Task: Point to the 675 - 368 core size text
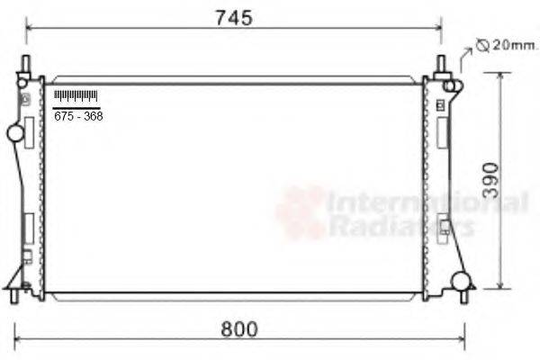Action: click(78, 116)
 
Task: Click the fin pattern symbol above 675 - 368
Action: click(76, 96)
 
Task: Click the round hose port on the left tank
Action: click(15, 134)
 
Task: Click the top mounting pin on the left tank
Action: click(26, 66)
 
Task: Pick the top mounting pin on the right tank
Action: click(441, 65)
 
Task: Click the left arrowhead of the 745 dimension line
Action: click(30, 28)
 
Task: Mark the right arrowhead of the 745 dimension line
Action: click(437, 28)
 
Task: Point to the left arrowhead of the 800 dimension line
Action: click(20, 339)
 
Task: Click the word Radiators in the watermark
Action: click(401, 226)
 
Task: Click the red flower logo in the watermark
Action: click(301, 212)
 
